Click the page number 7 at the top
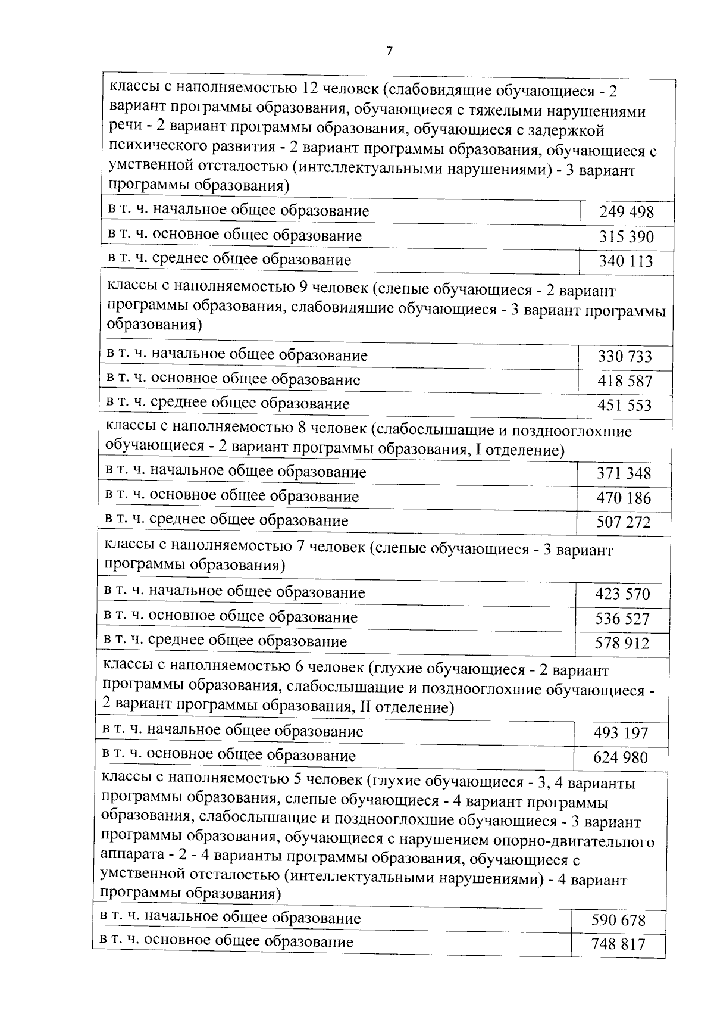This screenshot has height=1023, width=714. pos(390,51)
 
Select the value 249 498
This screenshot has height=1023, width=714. pos(627,212)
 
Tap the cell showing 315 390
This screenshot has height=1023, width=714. pos(627,237)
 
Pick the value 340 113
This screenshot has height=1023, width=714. pos(627,261)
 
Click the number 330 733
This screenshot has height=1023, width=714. pos(625,357)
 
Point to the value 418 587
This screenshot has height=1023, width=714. pos(625,381)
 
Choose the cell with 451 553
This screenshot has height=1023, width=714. pos(625,406)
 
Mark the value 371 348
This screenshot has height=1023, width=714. pos(624,473)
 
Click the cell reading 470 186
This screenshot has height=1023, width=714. pos(624,498)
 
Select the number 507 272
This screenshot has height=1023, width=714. pos(624,522)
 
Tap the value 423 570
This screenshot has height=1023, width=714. pos(622,594)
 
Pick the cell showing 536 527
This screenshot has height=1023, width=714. pos(622,619)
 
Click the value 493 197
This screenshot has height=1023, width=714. pos(621,732)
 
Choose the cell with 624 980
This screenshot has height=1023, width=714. pos(621,757)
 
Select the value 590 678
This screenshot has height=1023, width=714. pos(618,920)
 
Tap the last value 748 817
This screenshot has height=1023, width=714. pos(618,944)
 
